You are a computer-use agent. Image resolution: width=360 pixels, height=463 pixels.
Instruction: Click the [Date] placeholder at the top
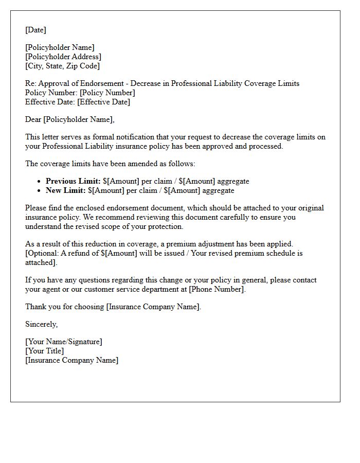35,30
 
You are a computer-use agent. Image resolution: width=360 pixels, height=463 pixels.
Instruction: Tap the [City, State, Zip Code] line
63,66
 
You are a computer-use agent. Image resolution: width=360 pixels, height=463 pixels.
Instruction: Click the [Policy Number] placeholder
107,93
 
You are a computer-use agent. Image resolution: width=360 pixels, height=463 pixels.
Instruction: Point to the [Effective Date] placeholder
103,102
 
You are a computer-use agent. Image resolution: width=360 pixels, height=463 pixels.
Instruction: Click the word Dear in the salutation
33,119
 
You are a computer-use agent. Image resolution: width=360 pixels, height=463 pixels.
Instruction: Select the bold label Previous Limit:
73,181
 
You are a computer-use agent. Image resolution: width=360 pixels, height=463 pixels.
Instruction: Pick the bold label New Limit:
66,190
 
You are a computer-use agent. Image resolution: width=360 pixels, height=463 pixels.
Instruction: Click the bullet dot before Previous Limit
39,182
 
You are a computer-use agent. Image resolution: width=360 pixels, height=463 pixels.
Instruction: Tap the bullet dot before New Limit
39,191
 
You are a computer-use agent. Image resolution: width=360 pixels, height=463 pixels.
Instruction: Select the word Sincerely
42,324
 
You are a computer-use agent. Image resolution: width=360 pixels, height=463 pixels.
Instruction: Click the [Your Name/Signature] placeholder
64,342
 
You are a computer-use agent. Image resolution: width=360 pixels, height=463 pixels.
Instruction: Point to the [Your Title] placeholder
45,351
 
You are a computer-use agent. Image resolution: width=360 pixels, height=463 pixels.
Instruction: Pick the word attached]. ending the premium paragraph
41,262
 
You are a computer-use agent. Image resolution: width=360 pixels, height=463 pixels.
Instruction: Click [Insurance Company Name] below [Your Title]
71,360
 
